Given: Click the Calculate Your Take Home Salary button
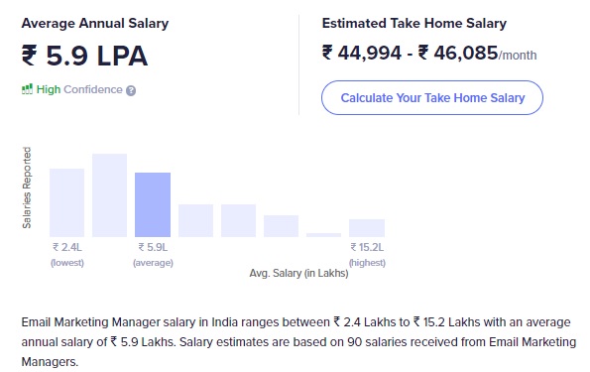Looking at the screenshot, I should tap(431, 98).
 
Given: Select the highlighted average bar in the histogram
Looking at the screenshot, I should tap(153, 204).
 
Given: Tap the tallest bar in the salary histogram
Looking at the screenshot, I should tap(110, 194).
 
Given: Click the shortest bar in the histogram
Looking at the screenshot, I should tap(323, 235).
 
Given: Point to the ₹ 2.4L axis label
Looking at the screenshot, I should tap(67, 247).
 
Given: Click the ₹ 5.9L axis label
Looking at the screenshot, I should tap(153, 247).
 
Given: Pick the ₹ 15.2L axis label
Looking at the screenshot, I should tap(367, 247).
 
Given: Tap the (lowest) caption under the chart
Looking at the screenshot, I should tap(67, 263).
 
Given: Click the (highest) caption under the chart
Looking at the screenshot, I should tap(367, 263).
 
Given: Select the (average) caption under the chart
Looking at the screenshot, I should tap(153, 263).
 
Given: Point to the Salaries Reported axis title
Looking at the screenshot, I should tap(27, 188).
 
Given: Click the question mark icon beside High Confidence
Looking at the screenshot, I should tap(131, 90).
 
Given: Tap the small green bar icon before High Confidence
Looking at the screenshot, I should tap(27, 89).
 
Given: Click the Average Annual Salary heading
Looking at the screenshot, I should tap(94, 23).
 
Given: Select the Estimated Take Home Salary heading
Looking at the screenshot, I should tap(414, 23).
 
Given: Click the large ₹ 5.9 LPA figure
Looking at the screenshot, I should tap(84, 56).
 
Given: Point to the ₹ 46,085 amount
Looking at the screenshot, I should tap(460, 53).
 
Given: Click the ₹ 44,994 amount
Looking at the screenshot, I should tap(359, 53).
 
